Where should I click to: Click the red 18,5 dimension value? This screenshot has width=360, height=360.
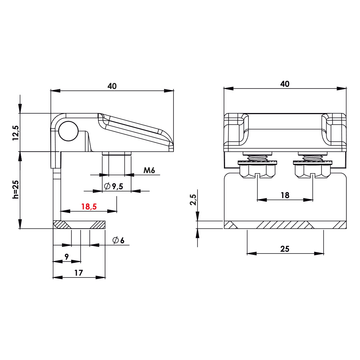(89, 207)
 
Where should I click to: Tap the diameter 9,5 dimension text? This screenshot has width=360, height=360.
(114, 186)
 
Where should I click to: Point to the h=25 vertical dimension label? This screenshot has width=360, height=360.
(15, 189)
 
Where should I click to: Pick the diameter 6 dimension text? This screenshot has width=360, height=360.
(118, 240)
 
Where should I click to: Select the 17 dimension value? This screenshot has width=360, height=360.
(79, 273)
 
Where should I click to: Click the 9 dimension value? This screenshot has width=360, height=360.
(67, 257)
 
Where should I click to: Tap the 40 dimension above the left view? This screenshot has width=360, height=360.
(112, 86)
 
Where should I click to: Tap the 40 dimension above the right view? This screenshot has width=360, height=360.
(284, 84)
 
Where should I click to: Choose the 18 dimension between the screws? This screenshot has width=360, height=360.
(285, 195)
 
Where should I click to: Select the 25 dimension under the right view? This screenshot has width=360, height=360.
(285, 248)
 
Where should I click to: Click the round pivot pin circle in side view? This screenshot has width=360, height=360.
(68, 131)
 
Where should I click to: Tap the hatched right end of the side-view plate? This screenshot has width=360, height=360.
(97, 225)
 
